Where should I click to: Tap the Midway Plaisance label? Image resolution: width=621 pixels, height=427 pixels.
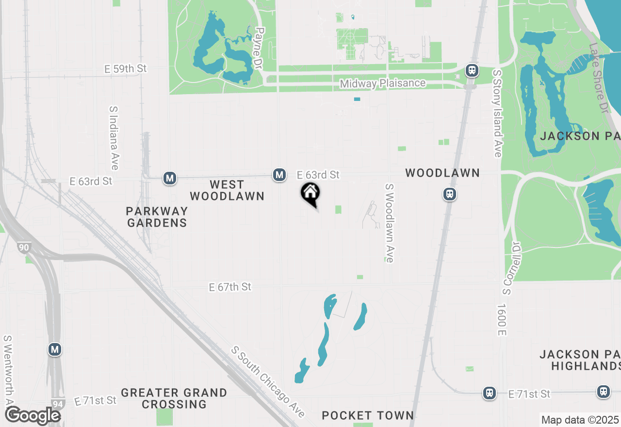tap(382, 83)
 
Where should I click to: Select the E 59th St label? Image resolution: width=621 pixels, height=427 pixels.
tap(125, 69)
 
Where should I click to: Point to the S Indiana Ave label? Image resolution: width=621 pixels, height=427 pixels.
tap(114, 138)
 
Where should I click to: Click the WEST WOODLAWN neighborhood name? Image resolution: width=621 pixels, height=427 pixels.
tap(227, 190)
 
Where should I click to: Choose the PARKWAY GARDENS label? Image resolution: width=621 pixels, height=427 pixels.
tap(156, 217)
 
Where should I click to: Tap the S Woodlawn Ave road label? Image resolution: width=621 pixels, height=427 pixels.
tap(389, 223)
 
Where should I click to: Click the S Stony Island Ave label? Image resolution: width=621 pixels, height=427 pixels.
tap(497, 113)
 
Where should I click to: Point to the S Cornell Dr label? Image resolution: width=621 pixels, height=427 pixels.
tap(512, 268)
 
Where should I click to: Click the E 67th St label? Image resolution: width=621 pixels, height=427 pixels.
tap(230, 287)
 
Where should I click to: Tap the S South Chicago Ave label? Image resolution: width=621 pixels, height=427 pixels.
tap(268, 381)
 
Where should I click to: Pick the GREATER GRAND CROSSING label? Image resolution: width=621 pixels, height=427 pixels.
tap(174, 398)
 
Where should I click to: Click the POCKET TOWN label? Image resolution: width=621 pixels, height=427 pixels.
tap(368, 415)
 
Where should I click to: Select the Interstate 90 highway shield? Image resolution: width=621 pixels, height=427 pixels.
tap(24, 248)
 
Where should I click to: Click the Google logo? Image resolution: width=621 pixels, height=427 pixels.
tap(32, 415)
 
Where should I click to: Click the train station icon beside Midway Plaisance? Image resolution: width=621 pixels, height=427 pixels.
tap(472, 70)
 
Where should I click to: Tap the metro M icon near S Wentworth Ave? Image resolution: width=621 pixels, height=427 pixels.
tap(55, 349)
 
